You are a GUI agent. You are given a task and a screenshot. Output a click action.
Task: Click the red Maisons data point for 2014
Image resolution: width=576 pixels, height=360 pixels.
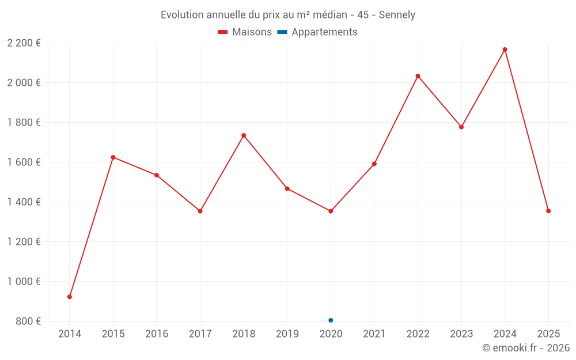click(70, 297)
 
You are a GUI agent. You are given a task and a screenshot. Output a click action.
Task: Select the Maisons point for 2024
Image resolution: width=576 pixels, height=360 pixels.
click(505, 50)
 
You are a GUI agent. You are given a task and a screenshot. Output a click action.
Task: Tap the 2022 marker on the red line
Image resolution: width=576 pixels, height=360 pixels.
click(418, 76)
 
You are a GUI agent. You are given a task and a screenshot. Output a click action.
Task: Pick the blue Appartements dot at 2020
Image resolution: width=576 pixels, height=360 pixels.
click(331, 320)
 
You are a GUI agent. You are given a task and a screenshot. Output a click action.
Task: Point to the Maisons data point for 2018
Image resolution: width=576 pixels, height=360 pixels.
click(244, 135)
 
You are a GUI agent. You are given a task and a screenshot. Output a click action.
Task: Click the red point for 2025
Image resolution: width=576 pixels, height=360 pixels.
click(548, 211)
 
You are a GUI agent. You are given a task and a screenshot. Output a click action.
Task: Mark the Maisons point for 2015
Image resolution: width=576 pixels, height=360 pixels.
click(113, 157)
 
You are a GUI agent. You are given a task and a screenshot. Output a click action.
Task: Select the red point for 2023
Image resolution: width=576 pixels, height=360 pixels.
click(461, 127)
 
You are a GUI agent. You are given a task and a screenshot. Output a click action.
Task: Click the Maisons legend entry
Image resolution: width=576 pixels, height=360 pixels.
click(245, 32)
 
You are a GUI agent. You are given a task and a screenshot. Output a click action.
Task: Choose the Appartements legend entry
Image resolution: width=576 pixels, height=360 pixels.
click(317, 32)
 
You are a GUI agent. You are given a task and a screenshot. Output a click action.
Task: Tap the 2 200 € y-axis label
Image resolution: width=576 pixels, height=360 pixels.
click(24, 43)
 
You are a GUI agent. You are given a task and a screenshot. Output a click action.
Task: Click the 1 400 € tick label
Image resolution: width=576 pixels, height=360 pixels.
click(24, 202)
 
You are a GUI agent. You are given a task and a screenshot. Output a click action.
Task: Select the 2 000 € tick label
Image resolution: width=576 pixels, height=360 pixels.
click(24, 82)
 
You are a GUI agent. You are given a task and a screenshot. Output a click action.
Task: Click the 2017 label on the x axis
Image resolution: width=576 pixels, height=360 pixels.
click(200, 334)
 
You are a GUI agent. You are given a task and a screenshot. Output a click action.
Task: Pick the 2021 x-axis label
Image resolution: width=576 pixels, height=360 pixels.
click(374, 334)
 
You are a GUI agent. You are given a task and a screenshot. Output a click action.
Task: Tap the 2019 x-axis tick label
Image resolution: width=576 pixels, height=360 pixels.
click(287, 334)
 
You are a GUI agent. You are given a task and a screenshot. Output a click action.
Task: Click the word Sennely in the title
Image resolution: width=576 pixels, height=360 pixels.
click(397, 15)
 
